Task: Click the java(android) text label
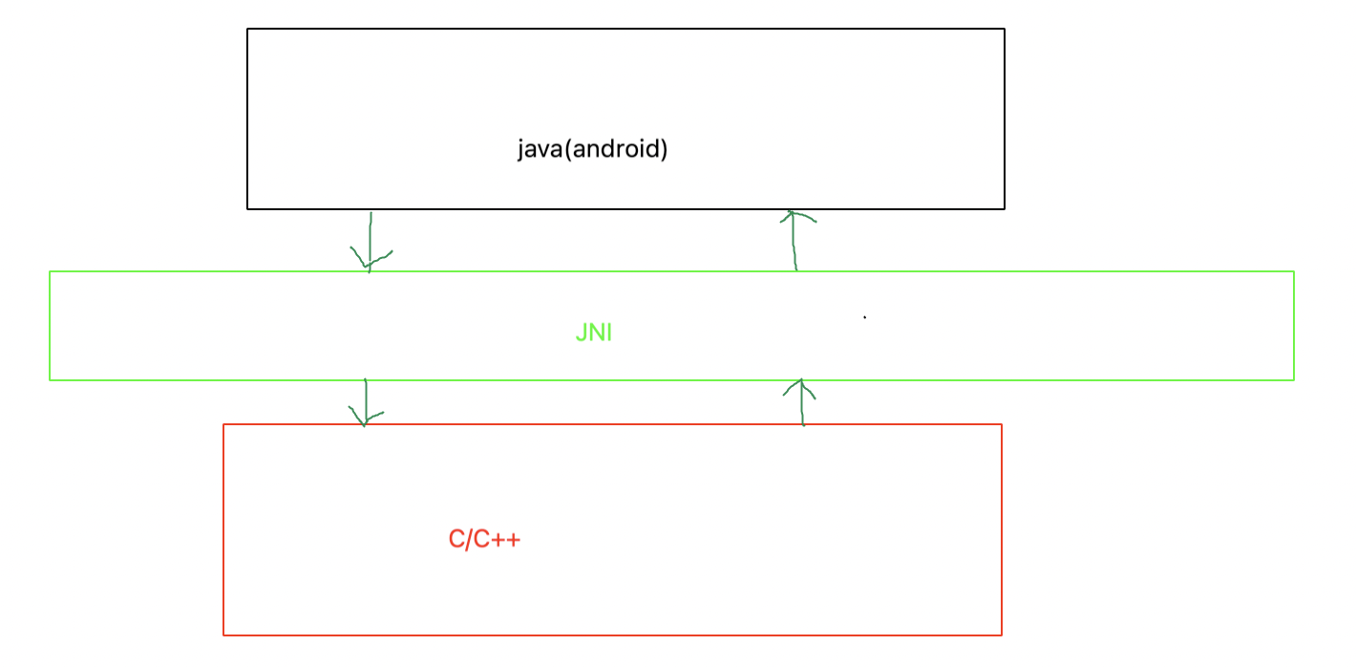tap(592, 150)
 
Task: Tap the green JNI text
tap(593, 333)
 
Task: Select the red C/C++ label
tap(484, 540)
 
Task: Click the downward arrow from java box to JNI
tap(370, 243)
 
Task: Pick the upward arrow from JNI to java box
tap(795, 241)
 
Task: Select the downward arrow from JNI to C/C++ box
tap(365, 402)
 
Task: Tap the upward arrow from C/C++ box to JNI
tap(801, 402)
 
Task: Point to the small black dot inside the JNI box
tap(865, 317)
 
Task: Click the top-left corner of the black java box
tap(248, 30)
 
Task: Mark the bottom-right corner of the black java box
tap(1004, 207)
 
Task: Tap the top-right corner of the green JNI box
tap(1293, 272)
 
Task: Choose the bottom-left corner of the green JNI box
tap(51, 379)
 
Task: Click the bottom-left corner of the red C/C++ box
tap(224, 634)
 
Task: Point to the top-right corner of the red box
tap(1001, 425)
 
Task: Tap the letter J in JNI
tap(581, 333)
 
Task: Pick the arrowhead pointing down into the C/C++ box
tap(364, 419)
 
